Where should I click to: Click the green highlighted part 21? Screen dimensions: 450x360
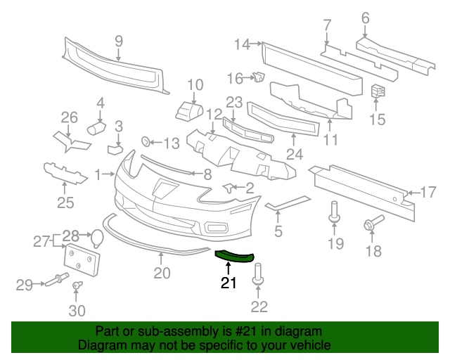point(234,257)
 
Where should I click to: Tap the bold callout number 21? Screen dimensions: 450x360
point(229,283)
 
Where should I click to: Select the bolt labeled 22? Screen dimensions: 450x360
point(258,274)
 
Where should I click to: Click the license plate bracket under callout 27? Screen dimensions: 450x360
point(82,260)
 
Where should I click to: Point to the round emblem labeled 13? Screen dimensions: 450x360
point(146,141)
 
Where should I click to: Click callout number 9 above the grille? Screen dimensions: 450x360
point(119,41)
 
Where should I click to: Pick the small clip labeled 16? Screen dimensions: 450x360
point(259,77)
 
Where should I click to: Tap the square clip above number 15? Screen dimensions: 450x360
point(378,91)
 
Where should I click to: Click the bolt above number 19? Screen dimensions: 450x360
point(335,212)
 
